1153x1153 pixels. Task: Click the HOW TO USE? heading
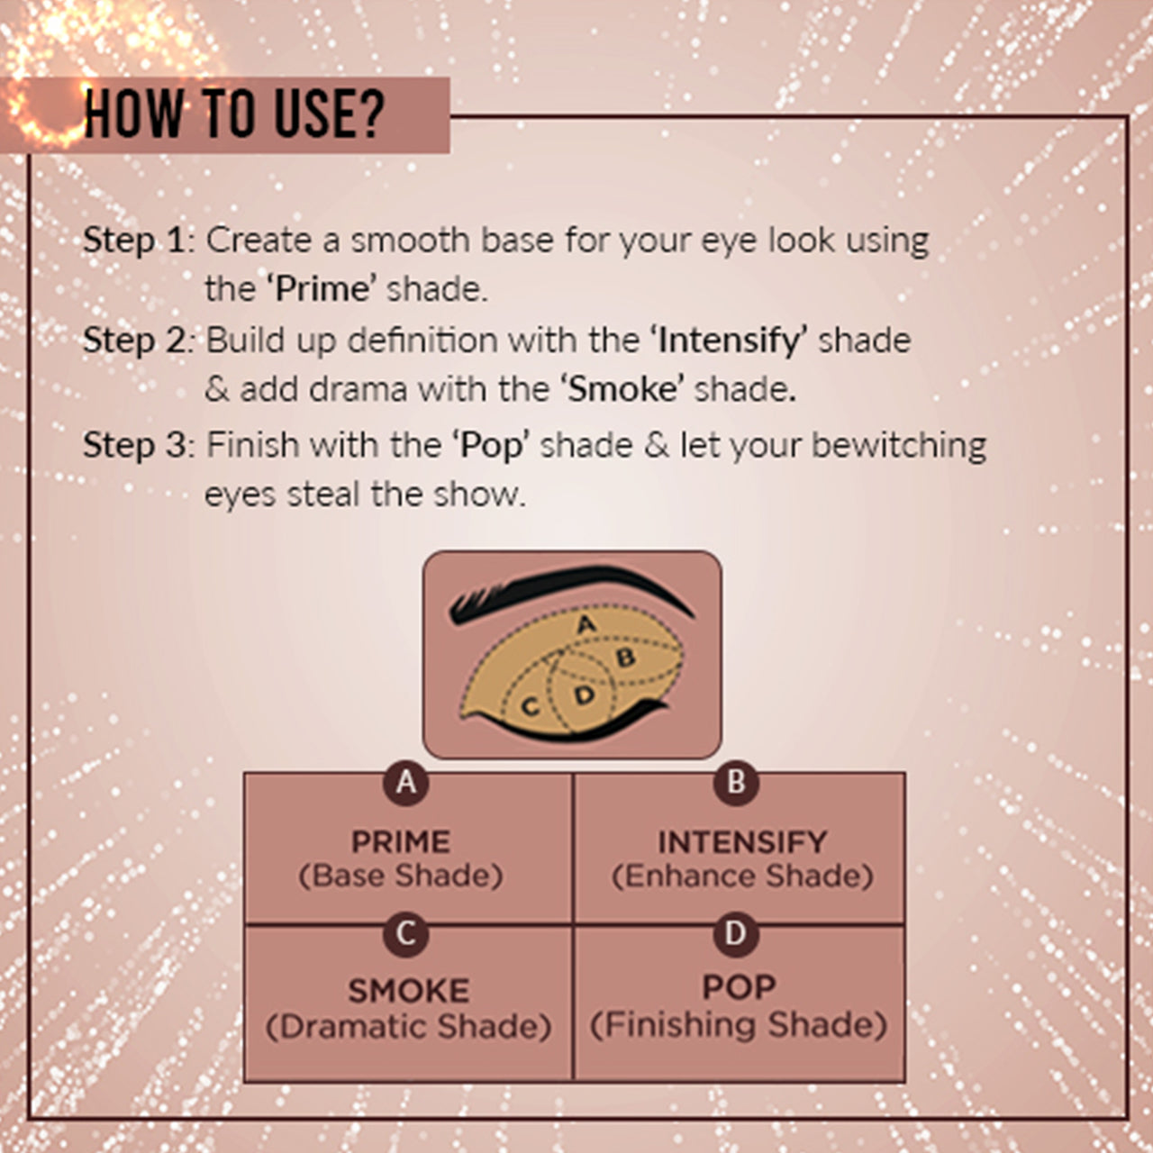click(x=233, y=113)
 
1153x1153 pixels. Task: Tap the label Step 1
click(x=134, y=241)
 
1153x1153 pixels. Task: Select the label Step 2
click(x=135, y=341)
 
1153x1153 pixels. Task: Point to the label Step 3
click(x=136, y=445)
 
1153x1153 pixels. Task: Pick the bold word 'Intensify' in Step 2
click(x=732, y=341)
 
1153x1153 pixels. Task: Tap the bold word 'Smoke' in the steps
click(x=622, y=389)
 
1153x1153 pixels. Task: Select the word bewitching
click(x=898, y=447)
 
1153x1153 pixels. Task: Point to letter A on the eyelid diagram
click(x=587, y=624)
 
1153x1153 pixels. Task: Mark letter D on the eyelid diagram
click(x=584, y=695)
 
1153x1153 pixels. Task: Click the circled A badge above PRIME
click(x=406, y=783)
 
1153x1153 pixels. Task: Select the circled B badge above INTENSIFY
click(x=736, y=783)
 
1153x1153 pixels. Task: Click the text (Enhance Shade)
click(x=742, y=876)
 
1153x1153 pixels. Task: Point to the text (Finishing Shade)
click(x=739, y=1025)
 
